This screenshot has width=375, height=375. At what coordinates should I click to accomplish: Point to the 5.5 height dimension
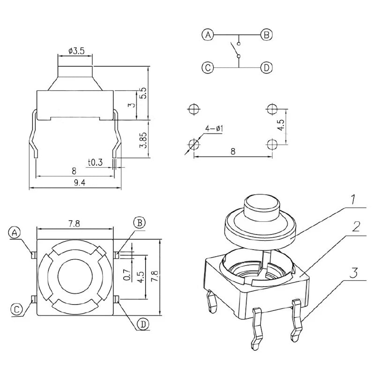click(144, 92)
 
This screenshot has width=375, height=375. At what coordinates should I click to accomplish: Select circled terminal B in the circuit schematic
click(266, 35)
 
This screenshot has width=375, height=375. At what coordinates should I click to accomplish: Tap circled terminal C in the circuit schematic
click(208, 67)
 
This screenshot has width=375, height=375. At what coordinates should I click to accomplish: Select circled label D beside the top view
click(143, 323)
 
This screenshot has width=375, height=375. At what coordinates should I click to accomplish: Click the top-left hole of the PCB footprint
click(193, 109)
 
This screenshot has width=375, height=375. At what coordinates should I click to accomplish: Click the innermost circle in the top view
click(75, 277)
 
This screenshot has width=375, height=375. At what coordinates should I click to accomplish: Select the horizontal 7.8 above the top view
click(74, 224)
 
